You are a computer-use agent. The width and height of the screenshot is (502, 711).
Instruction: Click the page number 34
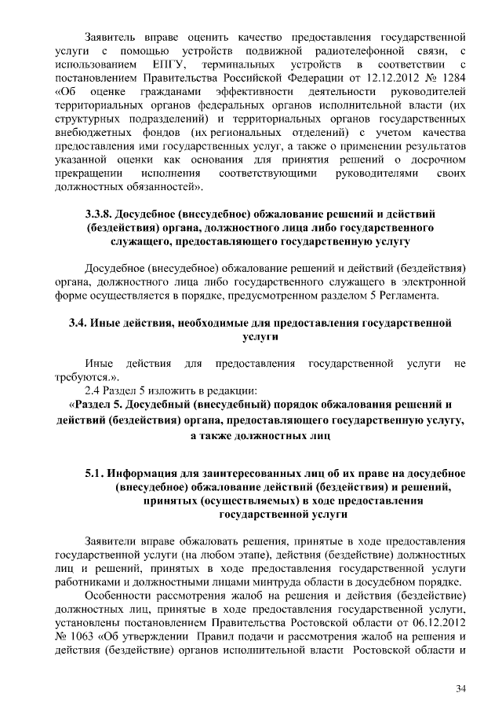point(460,689)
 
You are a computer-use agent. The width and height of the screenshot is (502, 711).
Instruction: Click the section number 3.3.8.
point(99,214)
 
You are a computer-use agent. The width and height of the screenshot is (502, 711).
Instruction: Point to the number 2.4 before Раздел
point(94,390)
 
